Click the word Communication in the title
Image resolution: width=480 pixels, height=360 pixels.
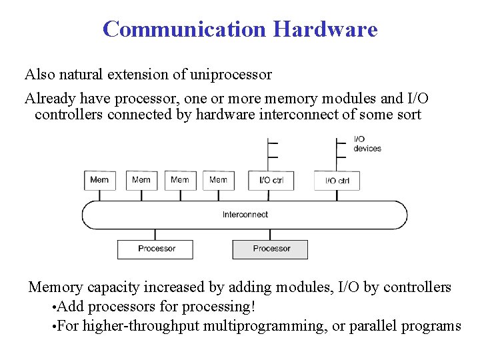pos(184,29)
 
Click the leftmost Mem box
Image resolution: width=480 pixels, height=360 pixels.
pos(99,180)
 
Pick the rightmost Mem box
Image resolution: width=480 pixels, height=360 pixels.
pos(218,180)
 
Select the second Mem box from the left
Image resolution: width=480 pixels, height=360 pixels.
pos(141,180)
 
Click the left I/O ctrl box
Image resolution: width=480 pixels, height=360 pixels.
pos(271,180)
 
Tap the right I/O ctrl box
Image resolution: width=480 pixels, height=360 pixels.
pos(337,181)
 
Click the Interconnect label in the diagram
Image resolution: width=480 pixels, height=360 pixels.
pos(245,215)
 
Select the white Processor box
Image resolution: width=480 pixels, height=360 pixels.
pos(155,249)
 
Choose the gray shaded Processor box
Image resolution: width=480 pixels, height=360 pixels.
pos(271,249)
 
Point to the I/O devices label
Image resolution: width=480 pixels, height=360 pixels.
pos(367,144)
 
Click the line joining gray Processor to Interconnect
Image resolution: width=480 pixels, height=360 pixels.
pos(270,235)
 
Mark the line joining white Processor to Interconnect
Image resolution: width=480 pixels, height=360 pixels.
pos(155,235)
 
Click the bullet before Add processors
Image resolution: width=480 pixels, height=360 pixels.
pos(53,307)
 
